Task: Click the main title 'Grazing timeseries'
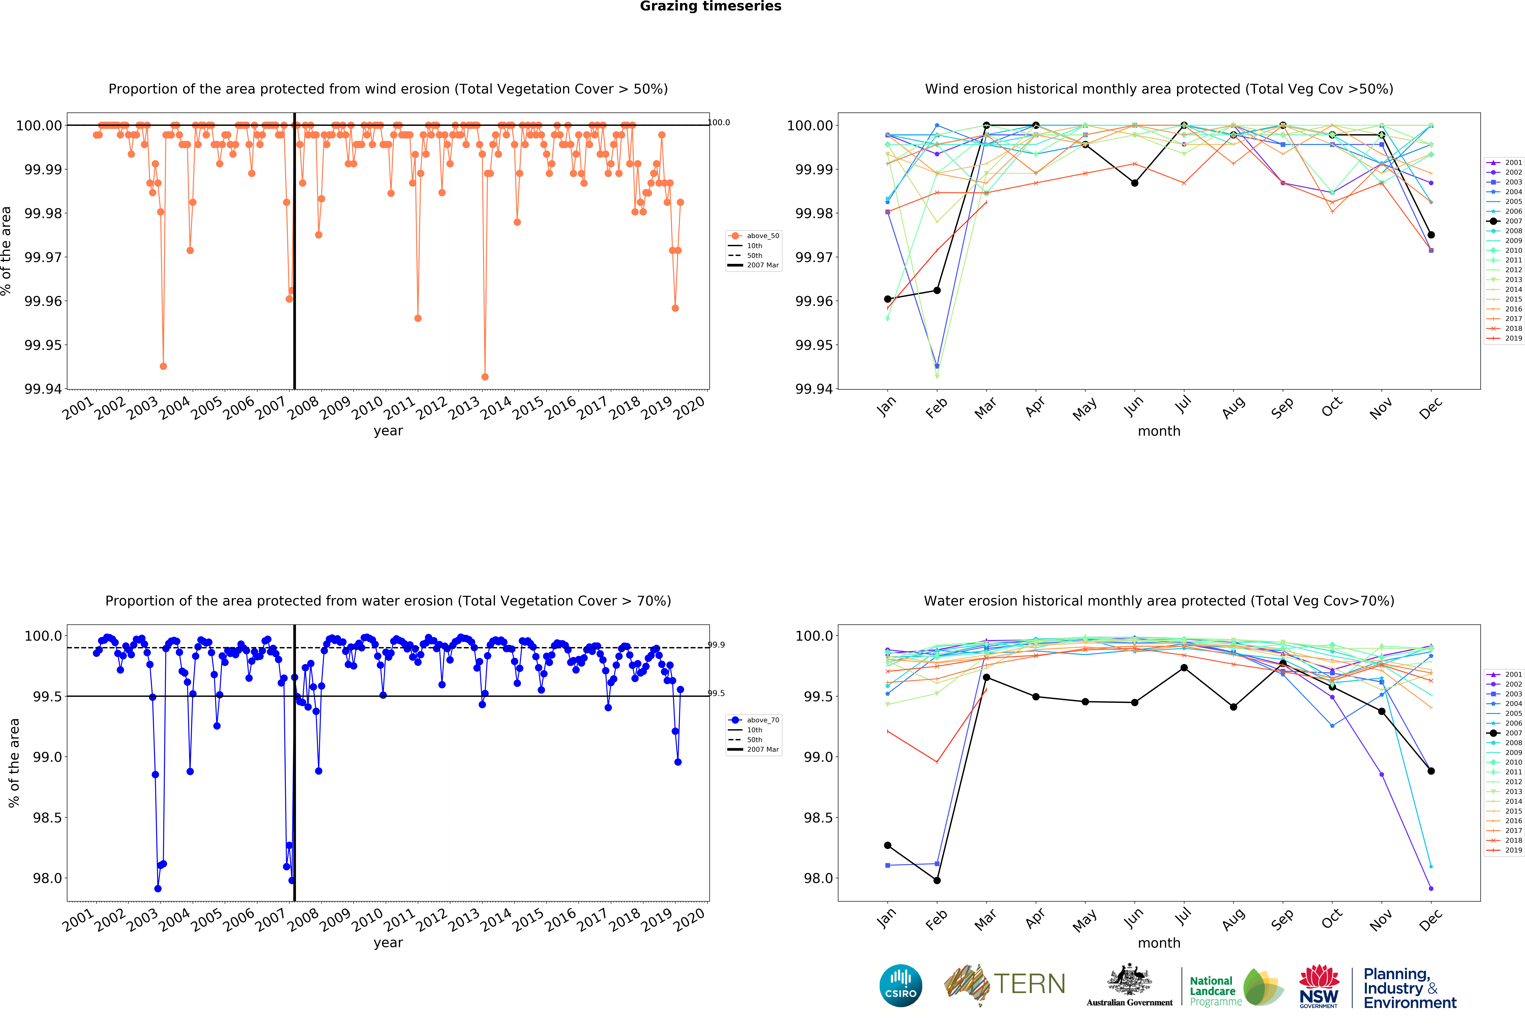(x=710, y=7)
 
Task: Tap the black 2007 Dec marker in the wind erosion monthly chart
(x=1431, y=235)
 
